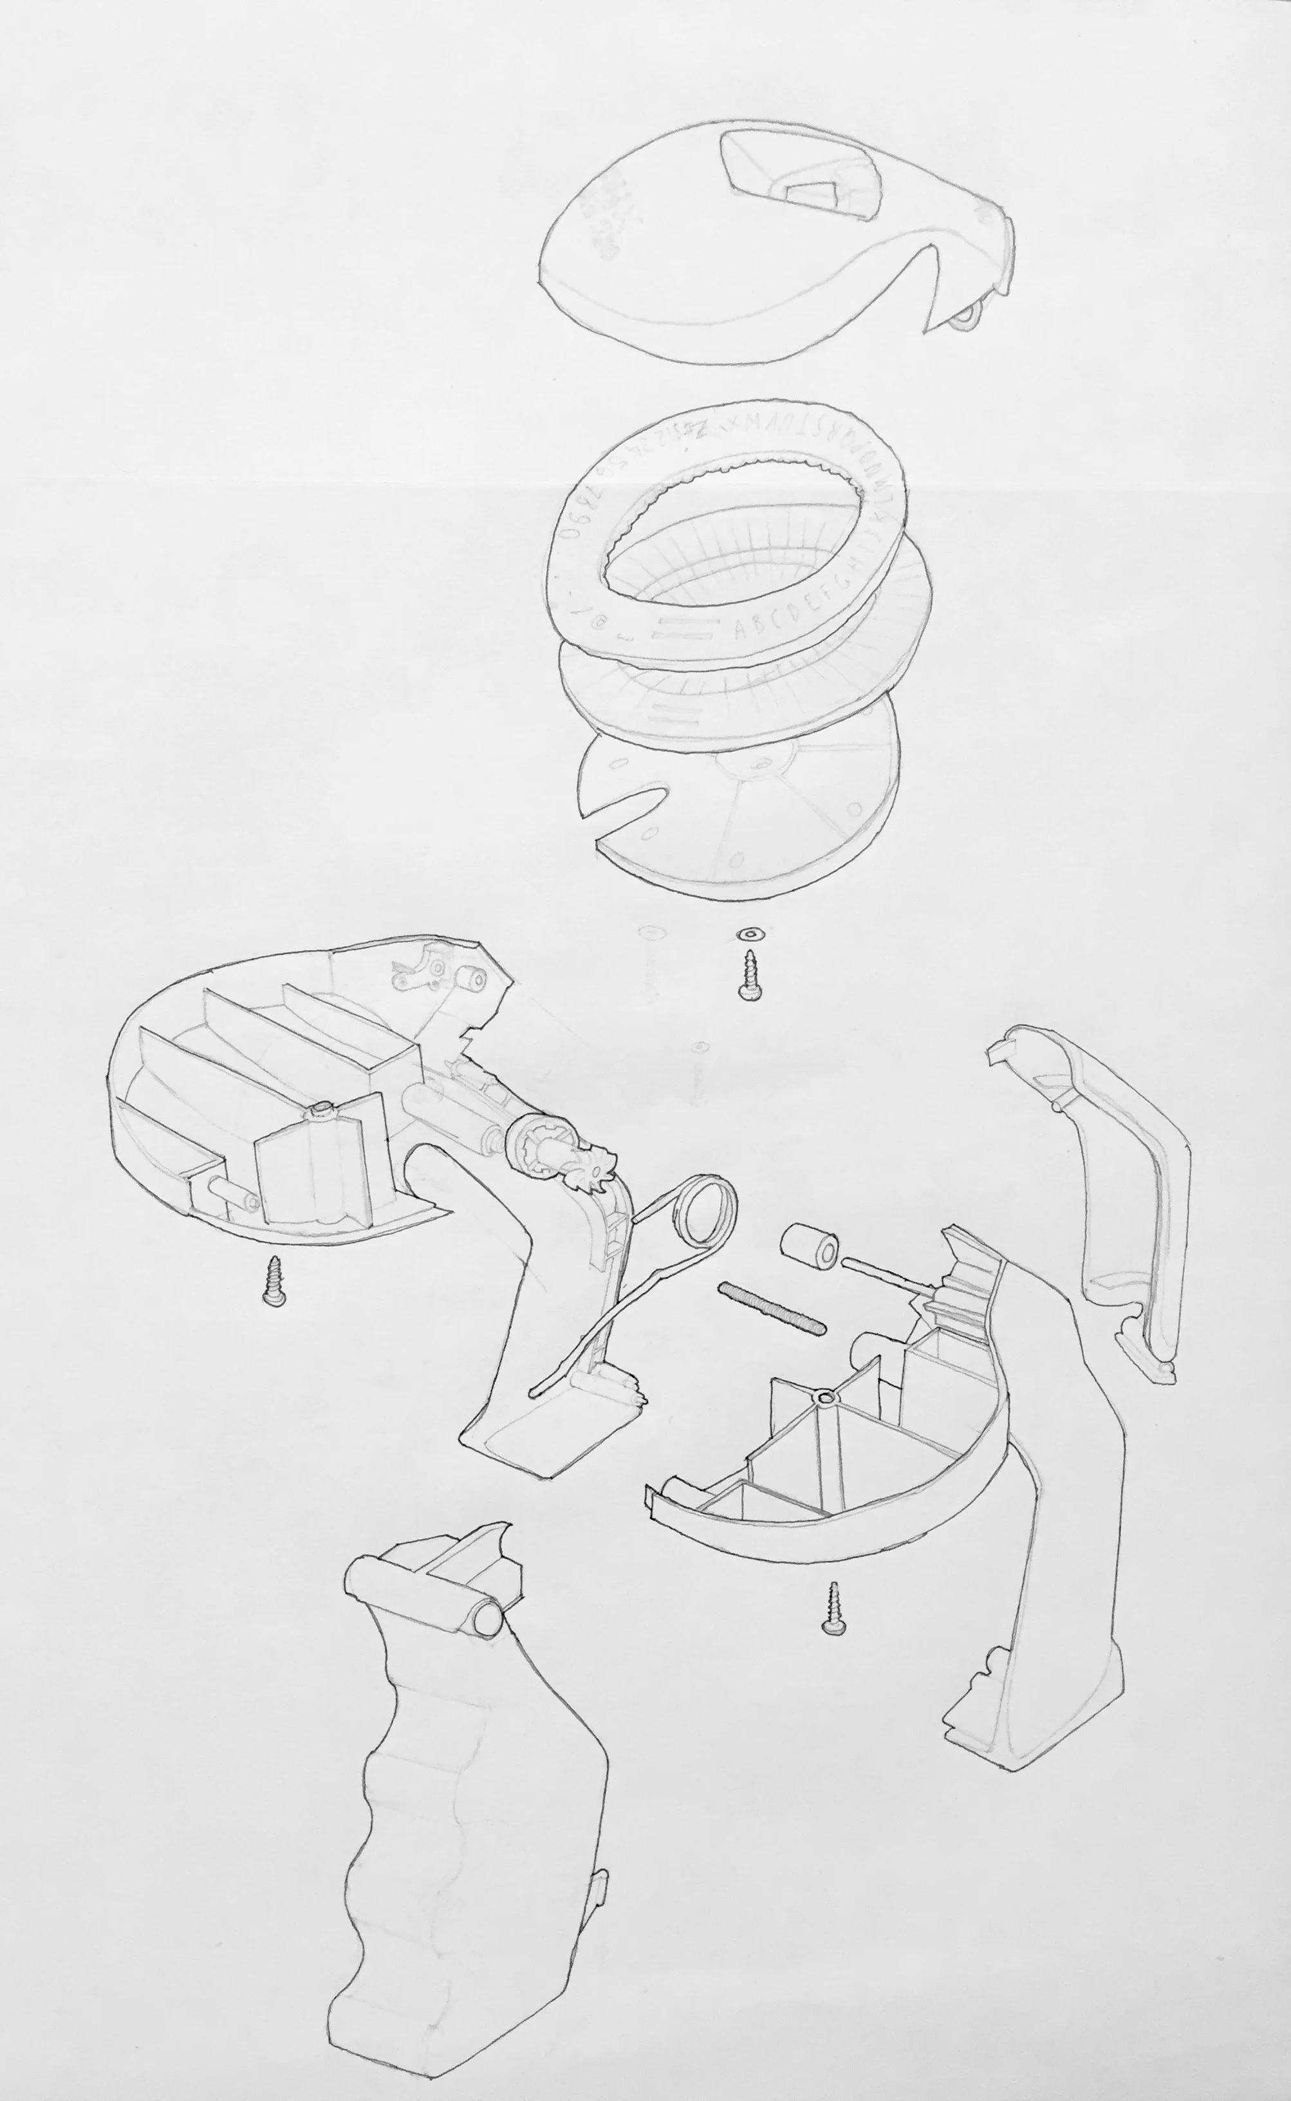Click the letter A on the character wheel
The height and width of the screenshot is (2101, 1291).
[x=740, y=631]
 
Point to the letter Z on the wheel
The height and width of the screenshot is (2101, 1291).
[x=701, y=432]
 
